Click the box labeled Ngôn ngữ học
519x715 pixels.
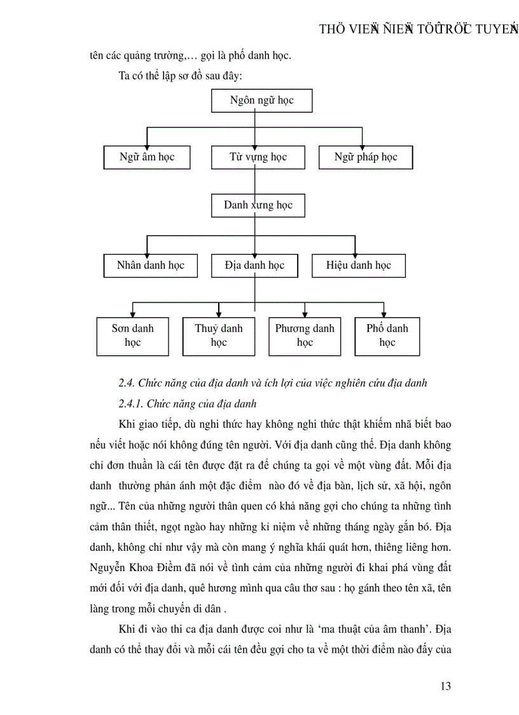coord(261,101)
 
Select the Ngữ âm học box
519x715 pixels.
coord(146,157)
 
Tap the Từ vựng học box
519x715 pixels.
coord(258,157)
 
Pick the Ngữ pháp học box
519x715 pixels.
coord(366,157)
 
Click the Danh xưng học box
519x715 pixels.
coord(258,206)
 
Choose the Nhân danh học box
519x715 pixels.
coord(150,265)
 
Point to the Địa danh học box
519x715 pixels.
coord(254,265)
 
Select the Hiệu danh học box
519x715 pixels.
coord(359,265)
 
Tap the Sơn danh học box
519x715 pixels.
coord(133,336)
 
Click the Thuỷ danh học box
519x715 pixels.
coord(219,336)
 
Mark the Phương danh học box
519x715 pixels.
coord(305,336)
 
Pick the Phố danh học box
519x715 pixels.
coord(387,336)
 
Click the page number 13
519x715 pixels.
coord(445,686)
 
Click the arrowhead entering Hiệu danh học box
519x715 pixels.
coord(354,251)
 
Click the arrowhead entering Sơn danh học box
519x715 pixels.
coord(133,313)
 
